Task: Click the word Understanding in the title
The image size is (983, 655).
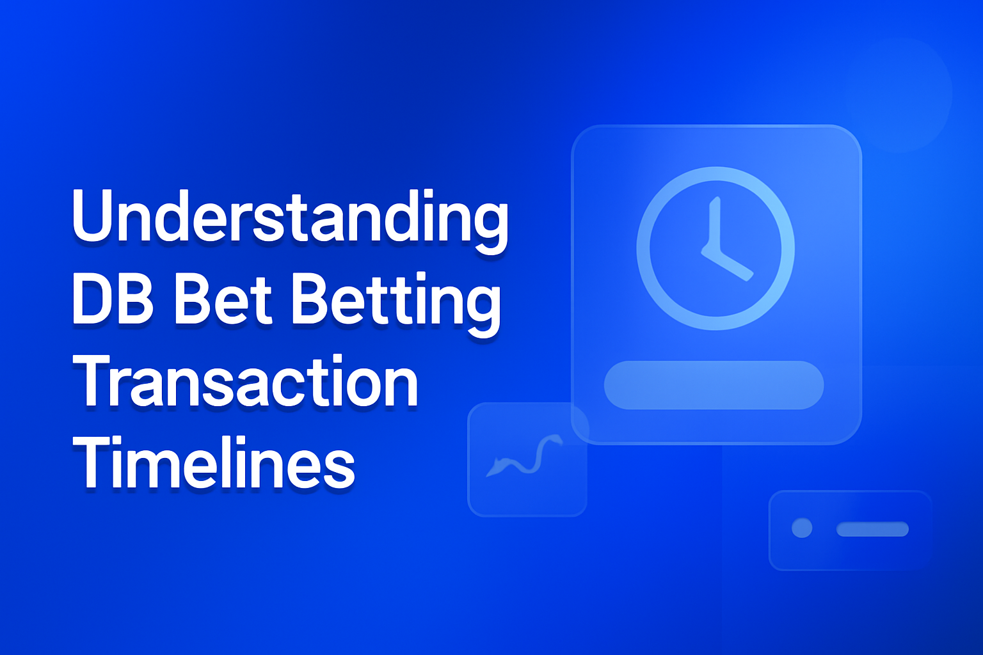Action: point(290,217)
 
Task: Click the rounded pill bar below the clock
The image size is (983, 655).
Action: point(714,385)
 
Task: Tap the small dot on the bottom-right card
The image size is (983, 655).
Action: point(802,528)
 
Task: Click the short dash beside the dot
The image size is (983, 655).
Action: point(872,529)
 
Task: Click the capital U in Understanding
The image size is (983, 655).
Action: point(94,216)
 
